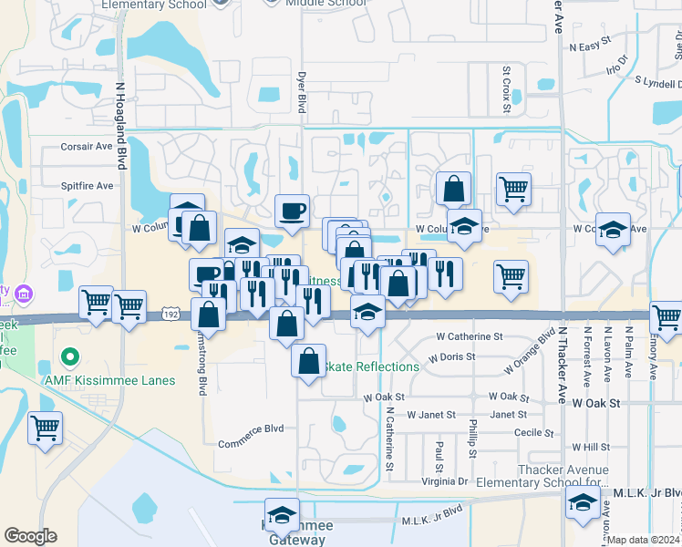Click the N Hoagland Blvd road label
coord(119,126)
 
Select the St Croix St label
coord(506,89)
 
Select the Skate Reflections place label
coord(371,366)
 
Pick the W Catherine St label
coord(469,336)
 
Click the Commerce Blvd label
coord(251,429)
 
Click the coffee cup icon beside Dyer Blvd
coord(292,212)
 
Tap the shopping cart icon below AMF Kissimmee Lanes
coord(46,427)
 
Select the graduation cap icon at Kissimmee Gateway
coord(282,515)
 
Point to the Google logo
coord(30,536)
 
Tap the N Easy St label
coord(589,46)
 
